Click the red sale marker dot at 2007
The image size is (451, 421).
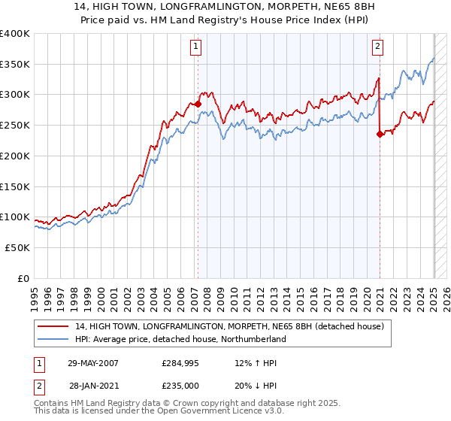point(198,104)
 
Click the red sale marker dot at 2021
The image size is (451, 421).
point(380,135)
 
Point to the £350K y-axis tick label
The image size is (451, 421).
point(15,65)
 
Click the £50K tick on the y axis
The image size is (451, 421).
point(18,247)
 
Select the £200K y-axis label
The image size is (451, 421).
point(15,156)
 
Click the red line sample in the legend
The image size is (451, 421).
point(55,326)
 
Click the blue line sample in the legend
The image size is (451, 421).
point(55,339)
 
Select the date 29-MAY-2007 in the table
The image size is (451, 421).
point(92,362)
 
